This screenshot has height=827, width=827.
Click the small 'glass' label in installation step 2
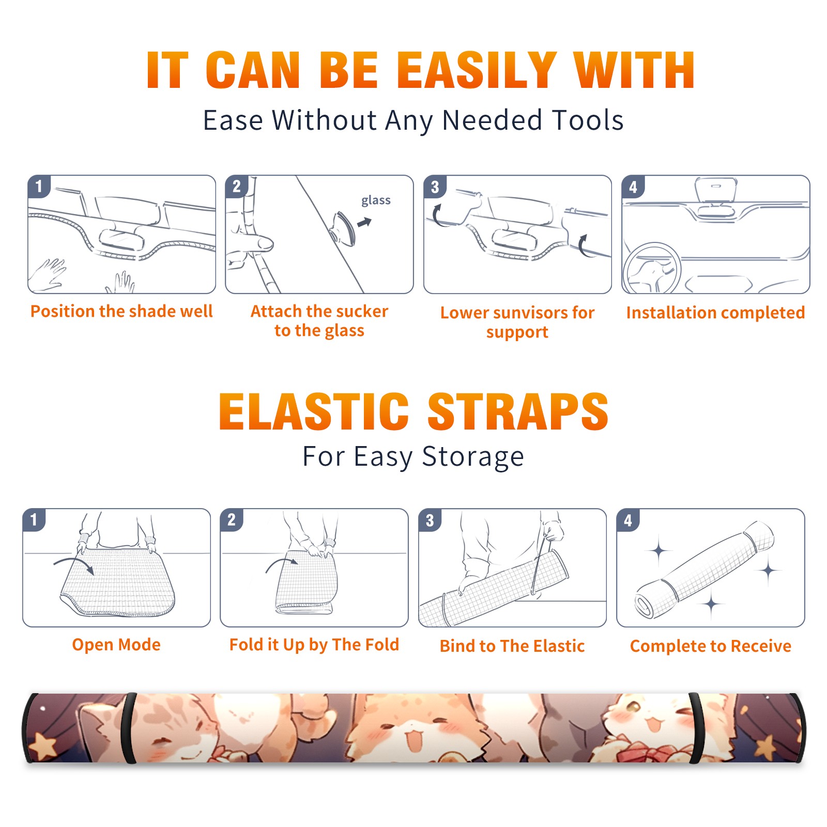[376, 201]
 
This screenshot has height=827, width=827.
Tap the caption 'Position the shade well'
[121, 311]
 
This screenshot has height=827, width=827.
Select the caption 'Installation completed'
[715, 312]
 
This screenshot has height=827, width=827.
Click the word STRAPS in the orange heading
[518, 411]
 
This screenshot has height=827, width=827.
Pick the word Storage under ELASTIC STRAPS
[473, 457]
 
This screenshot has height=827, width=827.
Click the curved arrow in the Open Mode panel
[74, 564]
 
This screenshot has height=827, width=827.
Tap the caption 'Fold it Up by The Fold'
[314, 645]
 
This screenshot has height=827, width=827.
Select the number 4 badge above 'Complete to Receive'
[628, 520]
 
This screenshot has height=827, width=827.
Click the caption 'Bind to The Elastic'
[512, 646]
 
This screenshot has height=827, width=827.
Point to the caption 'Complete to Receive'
[711, 646]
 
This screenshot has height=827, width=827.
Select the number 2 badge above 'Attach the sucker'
[237, 186]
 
